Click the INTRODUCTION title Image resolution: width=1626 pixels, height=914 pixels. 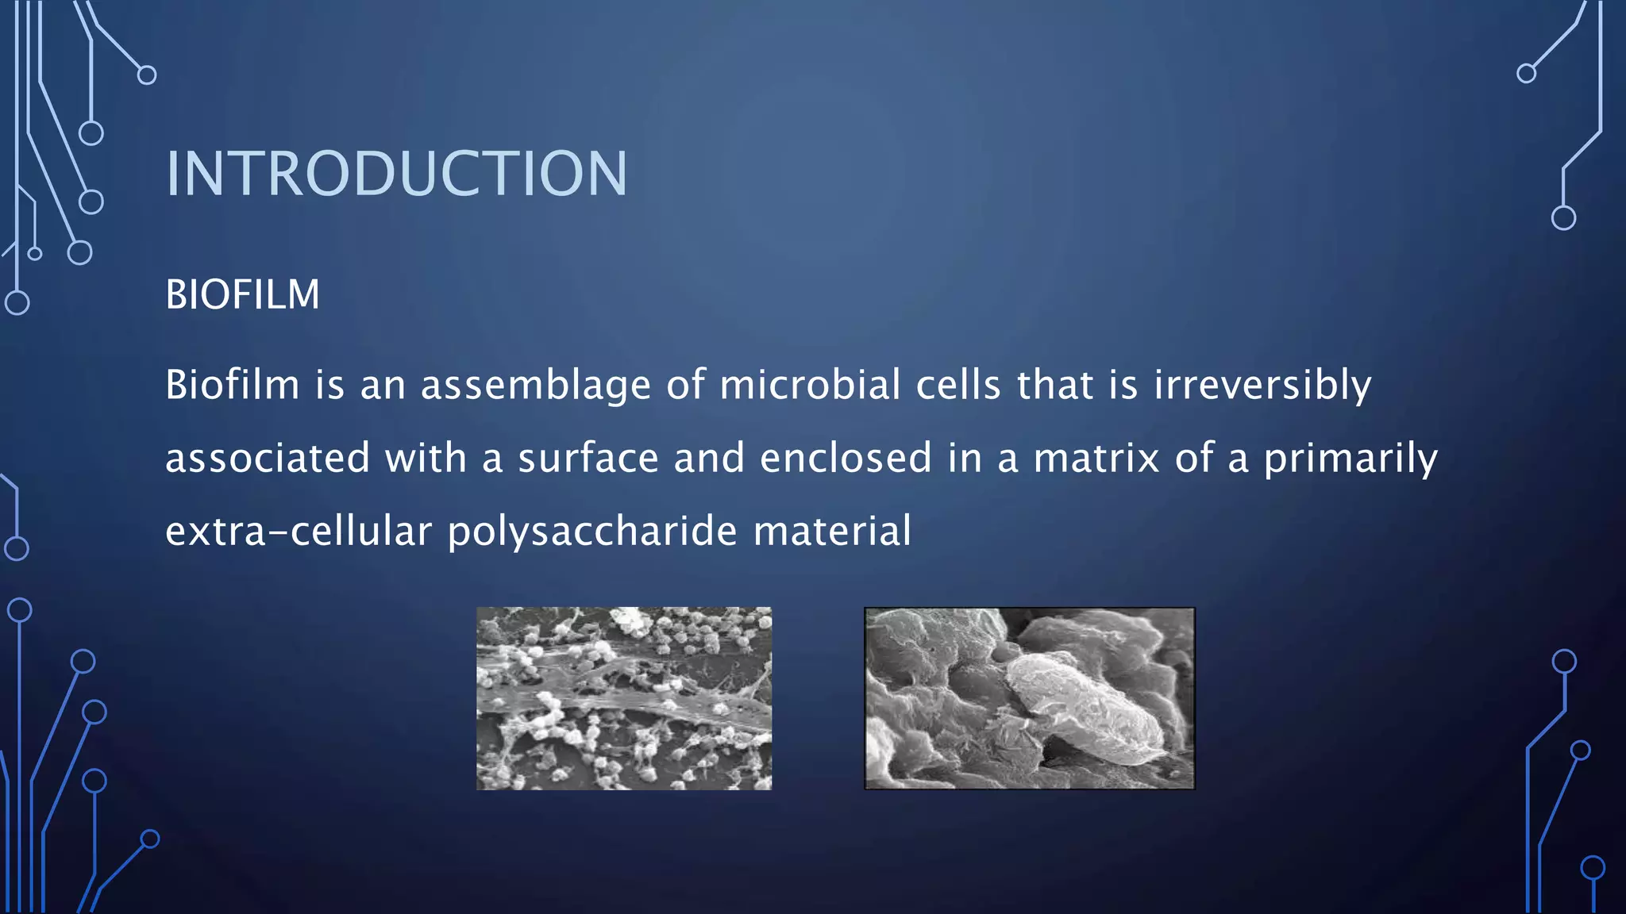click(396, 174)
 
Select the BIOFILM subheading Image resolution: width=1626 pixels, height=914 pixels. click(242, 295)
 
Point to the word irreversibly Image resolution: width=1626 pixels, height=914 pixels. click(1262, 386)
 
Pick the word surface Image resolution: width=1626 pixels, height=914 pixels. click(588, 459)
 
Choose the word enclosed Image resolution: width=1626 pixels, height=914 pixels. click(845, 459)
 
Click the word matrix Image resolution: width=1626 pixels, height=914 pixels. click(1096, 459)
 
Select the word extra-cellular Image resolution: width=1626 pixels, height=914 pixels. click(299, 532)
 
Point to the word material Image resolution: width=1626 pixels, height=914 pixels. click(832, 532)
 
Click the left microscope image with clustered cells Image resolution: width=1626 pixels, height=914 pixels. click(624, 698)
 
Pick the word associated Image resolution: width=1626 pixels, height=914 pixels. click(268, 459)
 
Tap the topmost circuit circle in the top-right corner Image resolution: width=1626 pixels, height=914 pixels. click(1526, 74)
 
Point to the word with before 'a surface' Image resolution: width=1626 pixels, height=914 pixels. click(426, 459)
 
